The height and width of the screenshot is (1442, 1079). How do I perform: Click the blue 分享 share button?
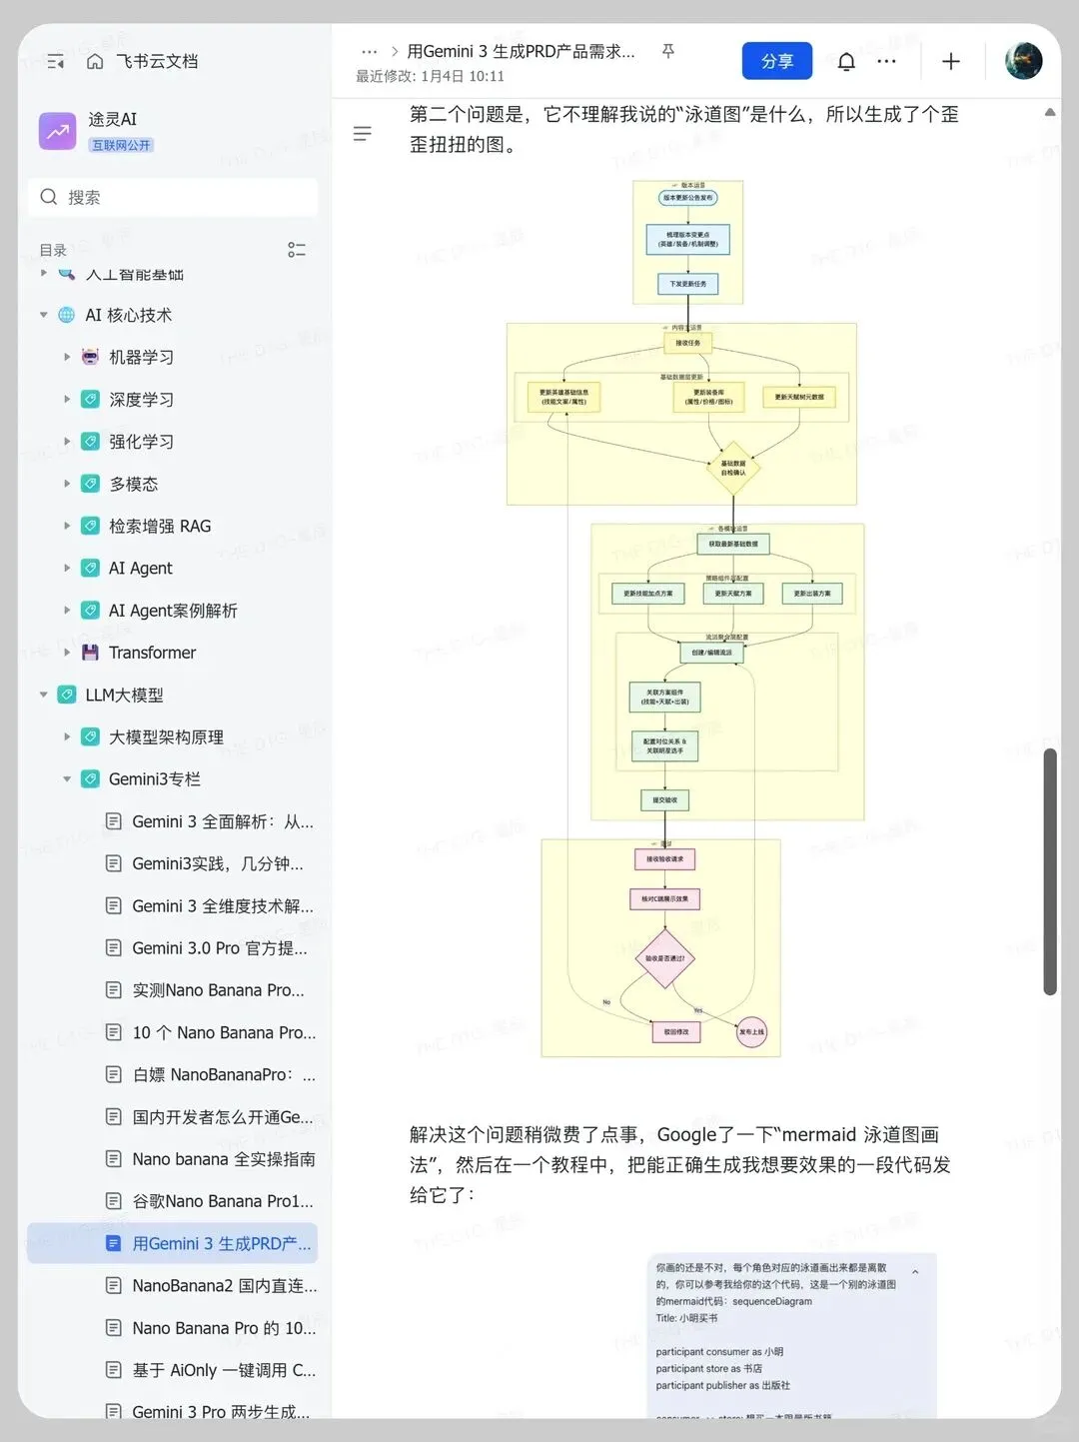(776, 61)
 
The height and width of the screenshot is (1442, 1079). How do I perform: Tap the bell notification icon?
(846, 62)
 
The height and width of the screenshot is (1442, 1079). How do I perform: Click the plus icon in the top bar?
(951, 62)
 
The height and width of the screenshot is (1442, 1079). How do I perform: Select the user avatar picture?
(1023, 61)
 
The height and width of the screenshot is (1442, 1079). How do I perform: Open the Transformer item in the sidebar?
(152, 653)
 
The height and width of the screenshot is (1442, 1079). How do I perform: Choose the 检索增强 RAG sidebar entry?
(160, 526)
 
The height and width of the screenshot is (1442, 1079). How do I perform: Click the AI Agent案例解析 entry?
(173, 611)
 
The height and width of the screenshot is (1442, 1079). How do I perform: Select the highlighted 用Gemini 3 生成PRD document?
(221, 1243)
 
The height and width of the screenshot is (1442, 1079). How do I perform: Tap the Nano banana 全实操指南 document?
(223, 1159)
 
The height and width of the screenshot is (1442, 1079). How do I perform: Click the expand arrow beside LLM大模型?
(43, 695)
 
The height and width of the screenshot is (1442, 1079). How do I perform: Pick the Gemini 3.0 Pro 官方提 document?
(219, 948)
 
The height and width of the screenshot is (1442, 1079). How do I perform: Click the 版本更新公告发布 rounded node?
(688, 198)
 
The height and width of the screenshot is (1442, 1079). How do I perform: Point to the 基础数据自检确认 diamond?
(733, 468)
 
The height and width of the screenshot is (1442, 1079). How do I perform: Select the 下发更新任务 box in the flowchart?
(687, 284)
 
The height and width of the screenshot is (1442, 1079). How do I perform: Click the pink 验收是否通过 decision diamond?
(664, 958)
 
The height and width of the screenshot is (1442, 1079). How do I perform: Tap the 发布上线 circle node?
(751, 1031)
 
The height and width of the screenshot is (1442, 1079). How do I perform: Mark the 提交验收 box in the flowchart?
(664, 799)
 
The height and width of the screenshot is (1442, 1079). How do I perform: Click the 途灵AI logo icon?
(57, 131)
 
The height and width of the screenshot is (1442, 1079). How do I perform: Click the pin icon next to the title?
(668, 51)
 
